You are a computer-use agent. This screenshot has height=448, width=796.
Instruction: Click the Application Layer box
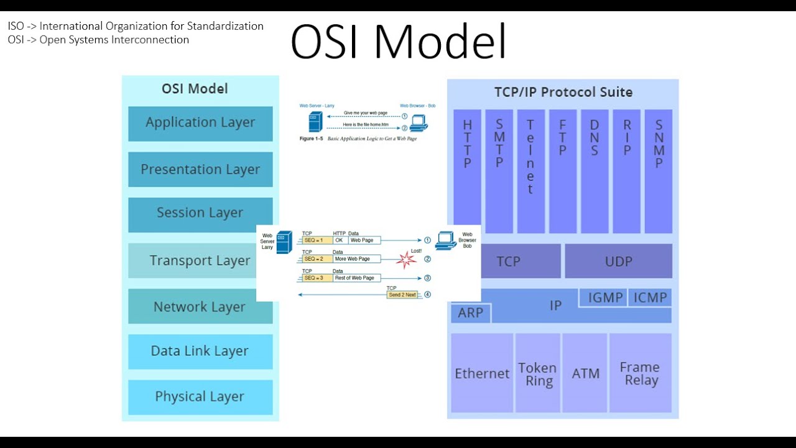coord(200,123)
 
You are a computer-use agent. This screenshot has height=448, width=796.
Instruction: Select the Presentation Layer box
coord(200,169)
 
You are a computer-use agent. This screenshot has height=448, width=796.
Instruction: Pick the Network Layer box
coord(200,307)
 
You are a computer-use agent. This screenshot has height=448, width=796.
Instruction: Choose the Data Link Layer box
coord(200,352)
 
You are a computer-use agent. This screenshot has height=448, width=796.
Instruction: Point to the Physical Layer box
coord(200,397)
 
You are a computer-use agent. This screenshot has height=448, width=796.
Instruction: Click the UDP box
coord(618,261)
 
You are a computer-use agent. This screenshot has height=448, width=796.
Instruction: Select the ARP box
coord(471,313)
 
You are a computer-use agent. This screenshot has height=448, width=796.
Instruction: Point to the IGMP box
coord(605,298)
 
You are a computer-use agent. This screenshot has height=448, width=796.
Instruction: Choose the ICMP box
coord(650,298)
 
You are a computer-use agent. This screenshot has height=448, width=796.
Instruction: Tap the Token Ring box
coord(537,374)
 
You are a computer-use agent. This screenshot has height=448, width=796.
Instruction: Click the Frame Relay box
coord(640,374)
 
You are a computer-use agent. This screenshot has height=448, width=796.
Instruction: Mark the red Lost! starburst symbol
coord(406,259)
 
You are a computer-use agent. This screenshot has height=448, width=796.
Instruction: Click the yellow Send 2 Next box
coord(402,295)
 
